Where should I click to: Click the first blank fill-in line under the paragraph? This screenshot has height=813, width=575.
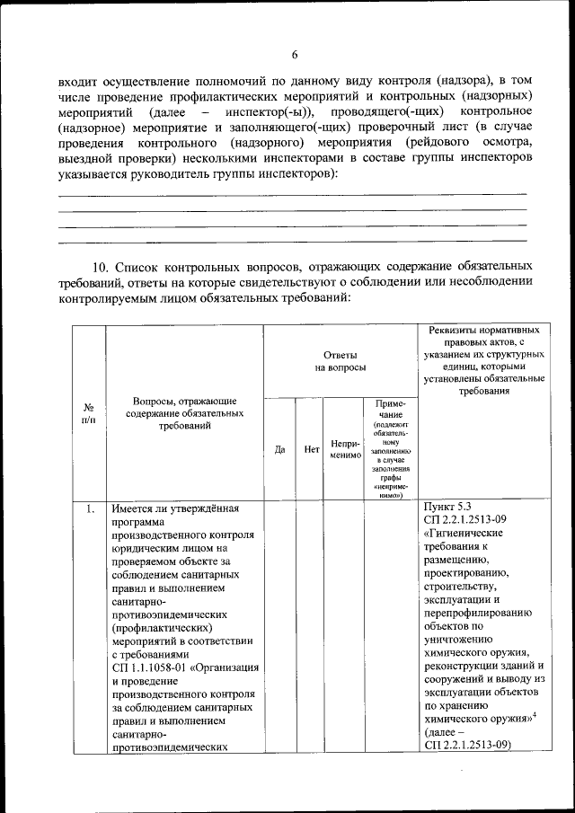tap(292, 192)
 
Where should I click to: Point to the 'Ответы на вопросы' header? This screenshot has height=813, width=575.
tap(340, 361)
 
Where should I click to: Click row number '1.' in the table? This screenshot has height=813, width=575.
tap(90, 509)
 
